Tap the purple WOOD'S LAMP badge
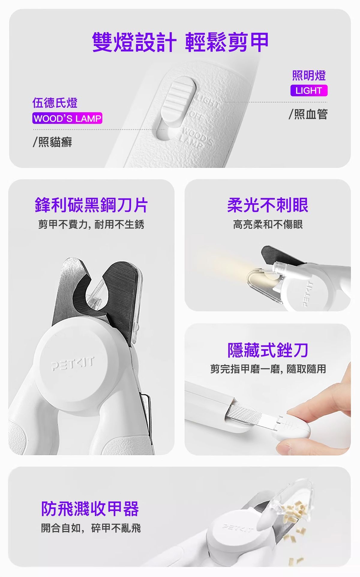coord(67,118)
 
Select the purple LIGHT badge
coord(309,90)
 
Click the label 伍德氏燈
coord(55,103)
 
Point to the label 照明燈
coord(309,75)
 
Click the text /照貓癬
coord(52,142)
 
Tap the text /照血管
coord(308,114)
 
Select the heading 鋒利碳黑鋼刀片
coord(91,205)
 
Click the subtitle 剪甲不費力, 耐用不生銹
coord(91,224)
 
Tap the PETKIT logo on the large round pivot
coord(73,363)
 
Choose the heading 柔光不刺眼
coord(268,205)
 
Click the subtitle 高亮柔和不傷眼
coord(268,224)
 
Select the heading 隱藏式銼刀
coord(268,350)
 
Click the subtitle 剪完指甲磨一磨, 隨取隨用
coord(268,369)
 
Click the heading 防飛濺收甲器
coord(90,509)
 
